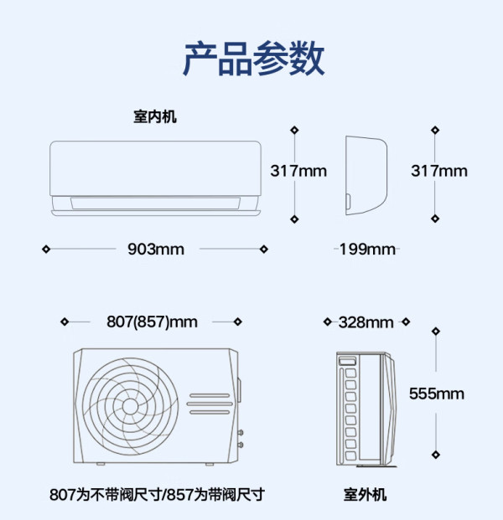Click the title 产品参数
[254, 59]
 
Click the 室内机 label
[155, 116]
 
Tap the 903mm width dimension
[156, 249]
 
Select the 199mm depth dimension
[367, 249]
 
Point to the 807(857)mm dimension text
[152, 322]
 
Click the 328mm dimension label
[366, 322]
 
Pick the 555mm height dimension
[437, 394]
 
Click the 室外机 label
[365, 495]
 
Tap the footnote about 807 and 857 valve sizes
[157, 495]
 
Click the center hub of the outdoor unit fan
[130, 406]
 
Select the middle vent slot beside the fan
[210, 404]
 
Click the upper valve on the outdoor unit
[241, 432]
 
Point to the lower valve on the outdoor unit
[241, 445]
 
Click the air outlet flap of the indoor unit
[155, 203]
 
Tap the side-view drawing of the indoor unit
[366, 175]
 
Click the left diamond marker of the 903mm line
[46, 249]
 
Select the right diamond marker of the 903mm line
[264, 249]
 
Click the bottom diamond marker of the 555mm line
[436, 455]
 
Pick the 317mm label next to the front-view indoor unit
[298, 171]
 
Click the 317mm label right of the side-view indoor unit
[439, 171]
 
